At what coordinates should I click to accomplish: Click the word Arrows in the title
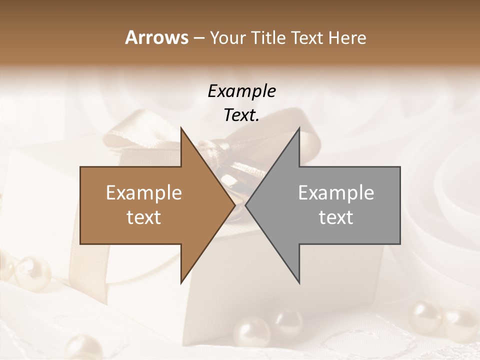pyautogui.click(x=156, y=37)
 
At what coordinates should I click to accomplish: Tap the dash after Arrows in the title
pyautogui.click(x=198, y=38)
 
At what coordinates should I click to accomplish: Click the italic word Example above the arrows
pyautogui.click(x=241, y=91)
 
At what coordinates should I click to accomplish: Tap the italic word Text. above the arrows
pyautogui.click(x=241, y=115)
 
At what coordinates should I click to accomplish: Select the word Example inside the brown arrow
pyautogui.click(x=144, y=193)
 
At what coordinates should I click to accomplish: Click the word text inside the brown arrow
pyautogui.click(x=144, y=217)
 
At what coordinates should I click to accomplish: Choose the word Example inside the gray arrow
pyautogui.click(x=336, y=193)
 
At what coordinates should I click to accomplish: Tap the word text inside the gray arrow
pyautogui.click(x=336, y=217)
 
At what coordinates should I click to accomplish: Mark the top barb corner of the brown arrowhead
pyautogui.click(x=181, y=128)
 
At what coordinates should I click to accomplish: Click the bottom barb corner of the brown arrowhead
pyautogui.click(x=181, y=282)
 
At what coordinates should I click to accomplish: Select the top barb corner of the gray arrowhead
pyautogui.click(x=299, y=128)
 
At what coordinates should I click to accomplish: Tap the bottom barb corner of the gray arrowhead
pyautogui.click(x=299, y=282)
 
